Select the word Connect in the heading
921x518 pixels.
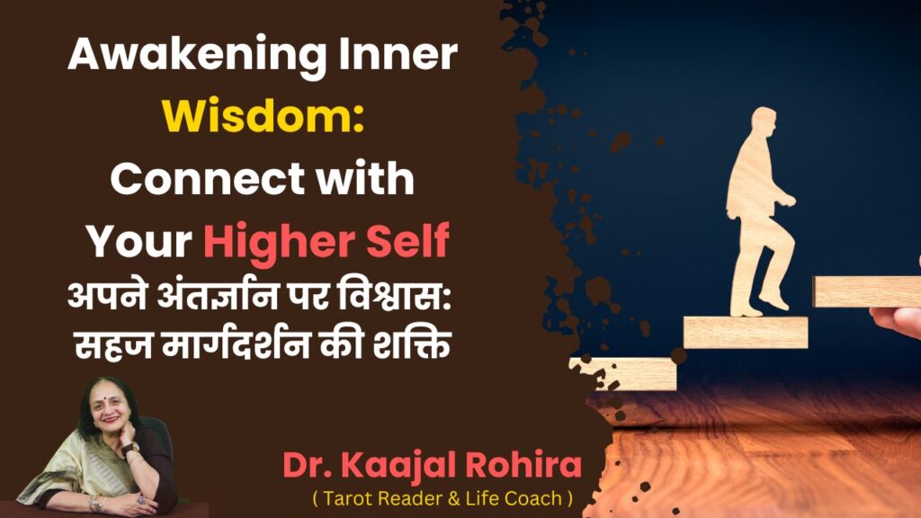[x=208, y=179]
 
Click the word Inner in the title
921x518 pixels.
[x=398, y=54]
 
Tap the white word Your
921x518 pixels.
[x=139, y=241]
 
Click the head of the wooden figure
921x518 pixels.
[x=764, y=123]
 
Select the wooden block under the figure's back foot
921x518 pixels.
[x=746, y=333]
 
